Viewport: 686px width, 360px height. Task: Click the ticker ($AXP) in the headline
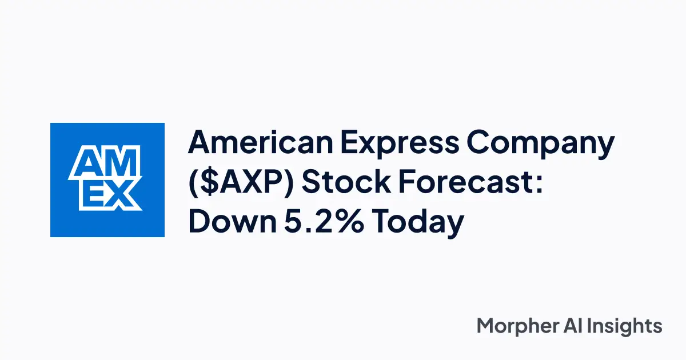coord(241,183)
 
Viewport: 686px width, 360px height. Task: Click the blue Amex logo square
coord(107,180)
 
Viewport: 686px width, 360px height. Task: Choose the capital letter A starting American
coord(200,142)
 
